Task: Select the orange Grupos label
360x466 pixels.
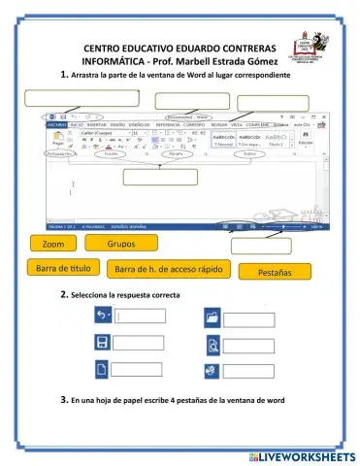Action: (120, 243)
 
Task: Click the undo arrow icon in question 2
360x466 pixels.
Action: (101, 316)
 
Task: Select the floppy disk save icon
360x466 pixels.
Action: (101, 343)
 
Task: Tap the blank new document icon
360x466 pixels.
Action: (101, 369)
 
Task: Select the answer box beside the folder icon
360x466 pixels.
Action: (249, 319)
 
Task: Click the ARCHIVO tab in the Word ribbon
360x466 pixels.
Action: (56, 125)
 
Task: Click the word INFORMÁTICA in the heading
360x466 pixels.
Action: (115, 61)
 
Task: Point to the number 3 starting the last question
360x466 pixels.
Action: (63, 399)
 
